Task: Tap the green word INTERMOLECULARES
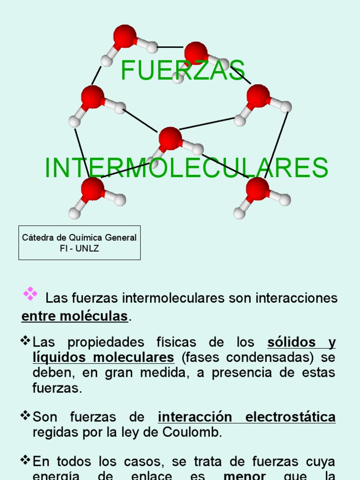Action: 186,168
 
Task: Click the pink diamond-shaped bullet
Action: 30,293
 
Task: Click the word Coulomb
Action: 197,432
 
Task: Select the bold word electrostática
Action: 291,417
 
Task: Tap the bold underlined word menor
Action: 245,476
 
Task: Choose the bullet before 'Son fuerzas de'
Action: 25,415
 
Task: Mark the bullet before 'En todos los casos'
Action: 25,460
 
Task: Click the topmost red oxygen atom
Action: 125,37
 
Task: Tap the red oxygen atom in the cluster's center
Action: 170,138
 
